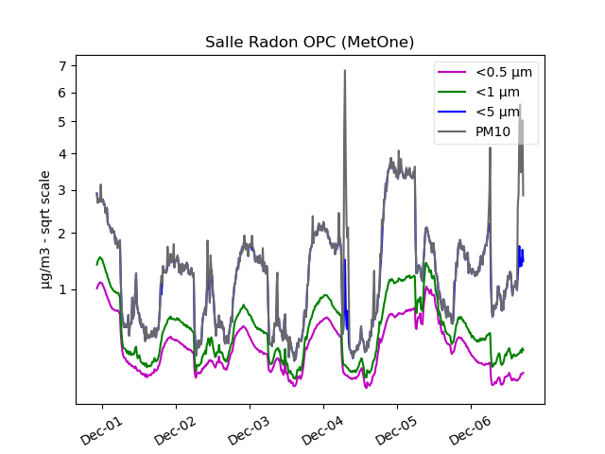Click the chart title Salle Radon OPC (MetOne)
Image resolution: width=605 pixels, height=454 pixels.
309,43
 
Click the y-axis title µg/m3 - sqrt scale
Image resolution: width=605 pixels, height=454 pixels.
45,230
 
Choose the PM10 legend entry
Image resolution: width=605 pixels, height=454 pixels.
493,131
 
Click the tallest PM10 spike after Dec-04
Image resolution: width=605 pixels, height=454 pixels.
344,71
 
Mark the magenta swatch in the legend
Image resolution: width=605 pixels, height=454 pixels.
452,73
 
